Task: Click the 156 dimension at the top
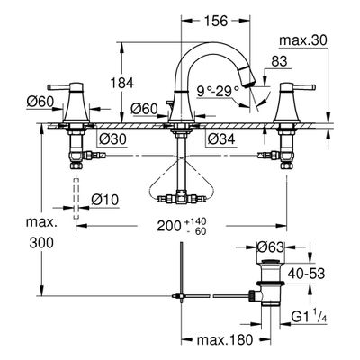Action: [216, 21]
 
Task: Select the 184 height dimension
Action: [121, 83]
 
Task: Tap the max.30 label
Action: [302, 40]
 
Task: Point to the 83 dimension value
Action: [279, 61]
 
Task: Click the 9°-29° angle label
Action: [218, 91]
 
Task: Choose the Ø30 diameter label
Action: [112, 139]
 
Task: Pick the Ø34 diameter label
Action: [221, 139]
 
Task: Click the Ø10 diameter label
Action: [105, 200]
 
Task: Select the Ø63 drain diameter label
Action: [270, 247]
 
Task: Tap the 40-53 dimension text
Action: [306, 274]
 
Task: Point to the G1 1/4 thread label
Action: [309, 318]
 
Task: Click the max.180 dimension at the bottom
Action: [225, 340]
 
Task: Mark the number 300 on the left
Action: [41, 243]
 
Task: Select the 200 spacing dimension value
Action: [169, 226]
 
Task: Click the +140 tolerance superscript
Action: [196, 221]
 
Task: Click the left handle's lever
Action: [60, 87]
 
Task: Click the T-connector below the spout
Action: [181, 198]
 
